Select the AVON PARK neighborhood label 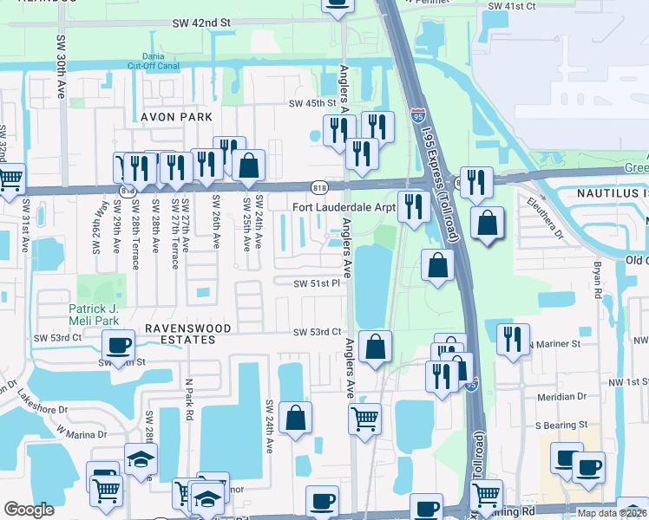click(171, 116)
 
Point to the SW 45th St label click(311, 104)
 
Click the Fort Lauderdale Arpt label click(344, 207)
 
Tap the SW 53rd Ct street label click(317, 332)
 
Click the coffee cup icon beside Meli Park click(118, 345)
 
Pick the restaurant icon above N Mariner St click(514, 338)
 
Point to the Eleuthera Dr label click(545, 217)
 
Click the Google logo click(29, 510)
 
